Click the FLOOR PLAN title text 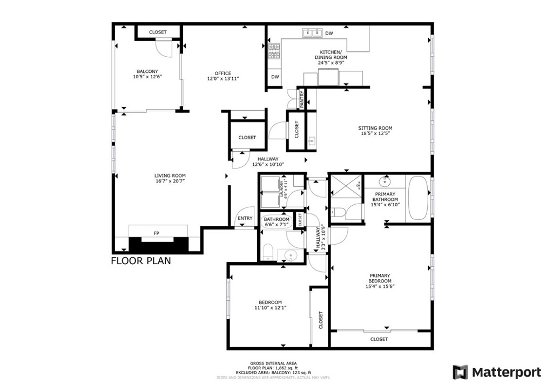coord(141,261)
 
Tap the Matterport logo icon coord(460,372)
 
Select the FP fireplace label coord(157,233)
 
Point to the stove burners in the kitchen coord(274,51)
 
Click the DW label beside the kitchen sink coord(329,33)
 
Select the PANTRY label coord(302,98)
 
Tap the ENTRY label coord(245,218)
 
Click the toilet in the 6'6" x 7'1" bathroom coord(267,251)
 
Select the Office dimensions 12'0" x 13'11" coord(222,79)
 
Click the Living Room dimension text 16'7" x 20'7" coord(170,181)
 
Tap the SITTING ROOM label coord(375,128)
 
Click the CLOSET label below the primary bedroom coord(379,339)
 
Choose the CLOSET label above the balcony coord(158,32)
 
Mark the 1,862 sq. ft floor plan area coord(281,368)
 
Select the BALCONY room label coord(147,71)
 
